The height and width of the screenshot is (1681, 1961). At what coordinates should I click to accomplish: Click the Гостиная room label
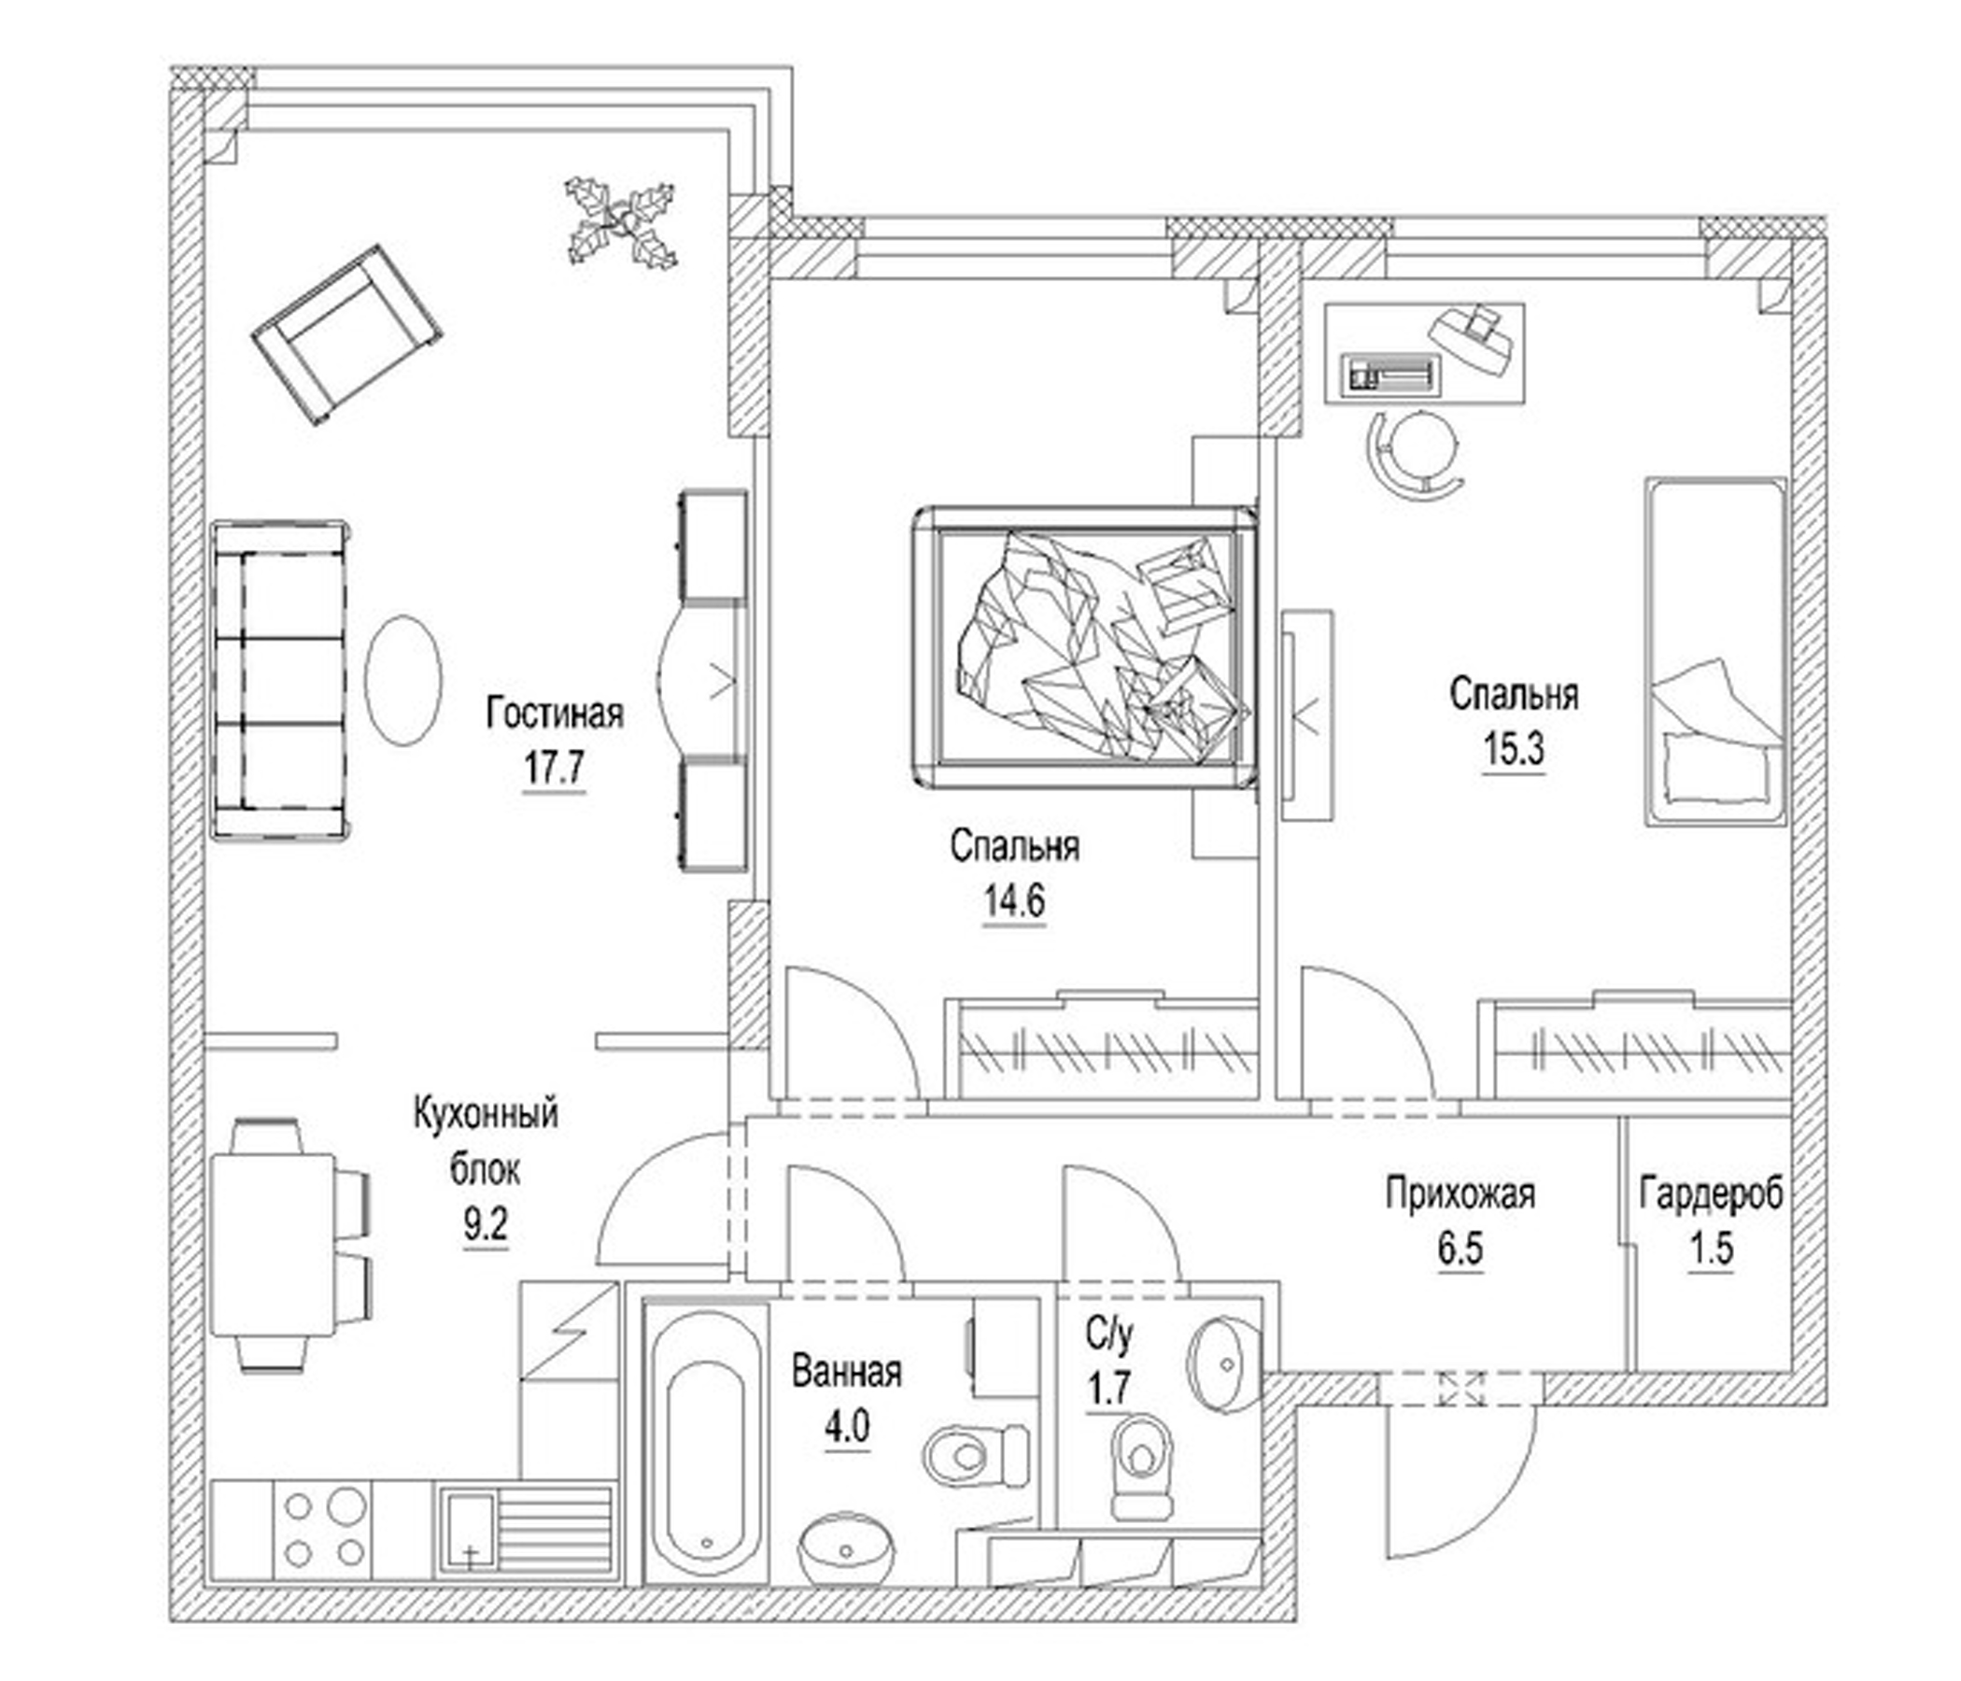(x=555, y=713)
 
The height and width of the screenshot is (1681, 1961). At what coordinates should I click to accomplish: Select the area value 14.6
(x=1013, y=901)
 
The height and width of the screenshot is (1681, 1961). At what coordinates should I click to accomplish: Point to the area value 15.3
(x=1514, y=750)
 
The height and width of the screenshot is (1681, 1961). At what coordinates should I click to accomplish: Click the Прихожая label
(x=1460, y=1194)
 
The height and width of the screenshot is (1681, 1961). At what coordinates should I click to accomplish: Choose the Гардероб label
(x=1711, y=1194)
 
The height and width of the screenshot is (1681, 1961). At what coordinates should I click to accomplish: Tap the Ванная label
(x=846, y=1372)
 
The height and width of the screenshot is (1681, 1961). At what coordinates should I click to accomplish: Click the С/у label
(x=1108, y=1335)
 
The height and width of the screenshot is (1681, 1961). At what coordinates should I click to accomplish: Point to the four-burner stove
(x=325, y=1530)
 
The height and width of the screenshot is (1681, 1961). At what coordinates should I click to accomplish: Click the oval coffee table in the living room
(x=404, y=679)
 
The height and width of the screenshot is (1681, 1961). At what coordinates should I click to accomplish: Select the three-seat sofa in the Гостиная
(x=278, y=679)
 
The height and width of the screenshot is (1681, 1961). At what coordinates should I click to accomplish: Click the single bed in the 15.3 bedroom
(x=1714, y=651)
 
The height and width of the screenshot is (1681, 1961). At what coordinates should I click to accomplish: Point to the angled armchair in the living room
(x=346, y=335)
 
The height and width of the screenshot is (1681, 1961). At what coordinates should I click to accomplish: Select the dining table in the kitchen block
(x=273, y=1244)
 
